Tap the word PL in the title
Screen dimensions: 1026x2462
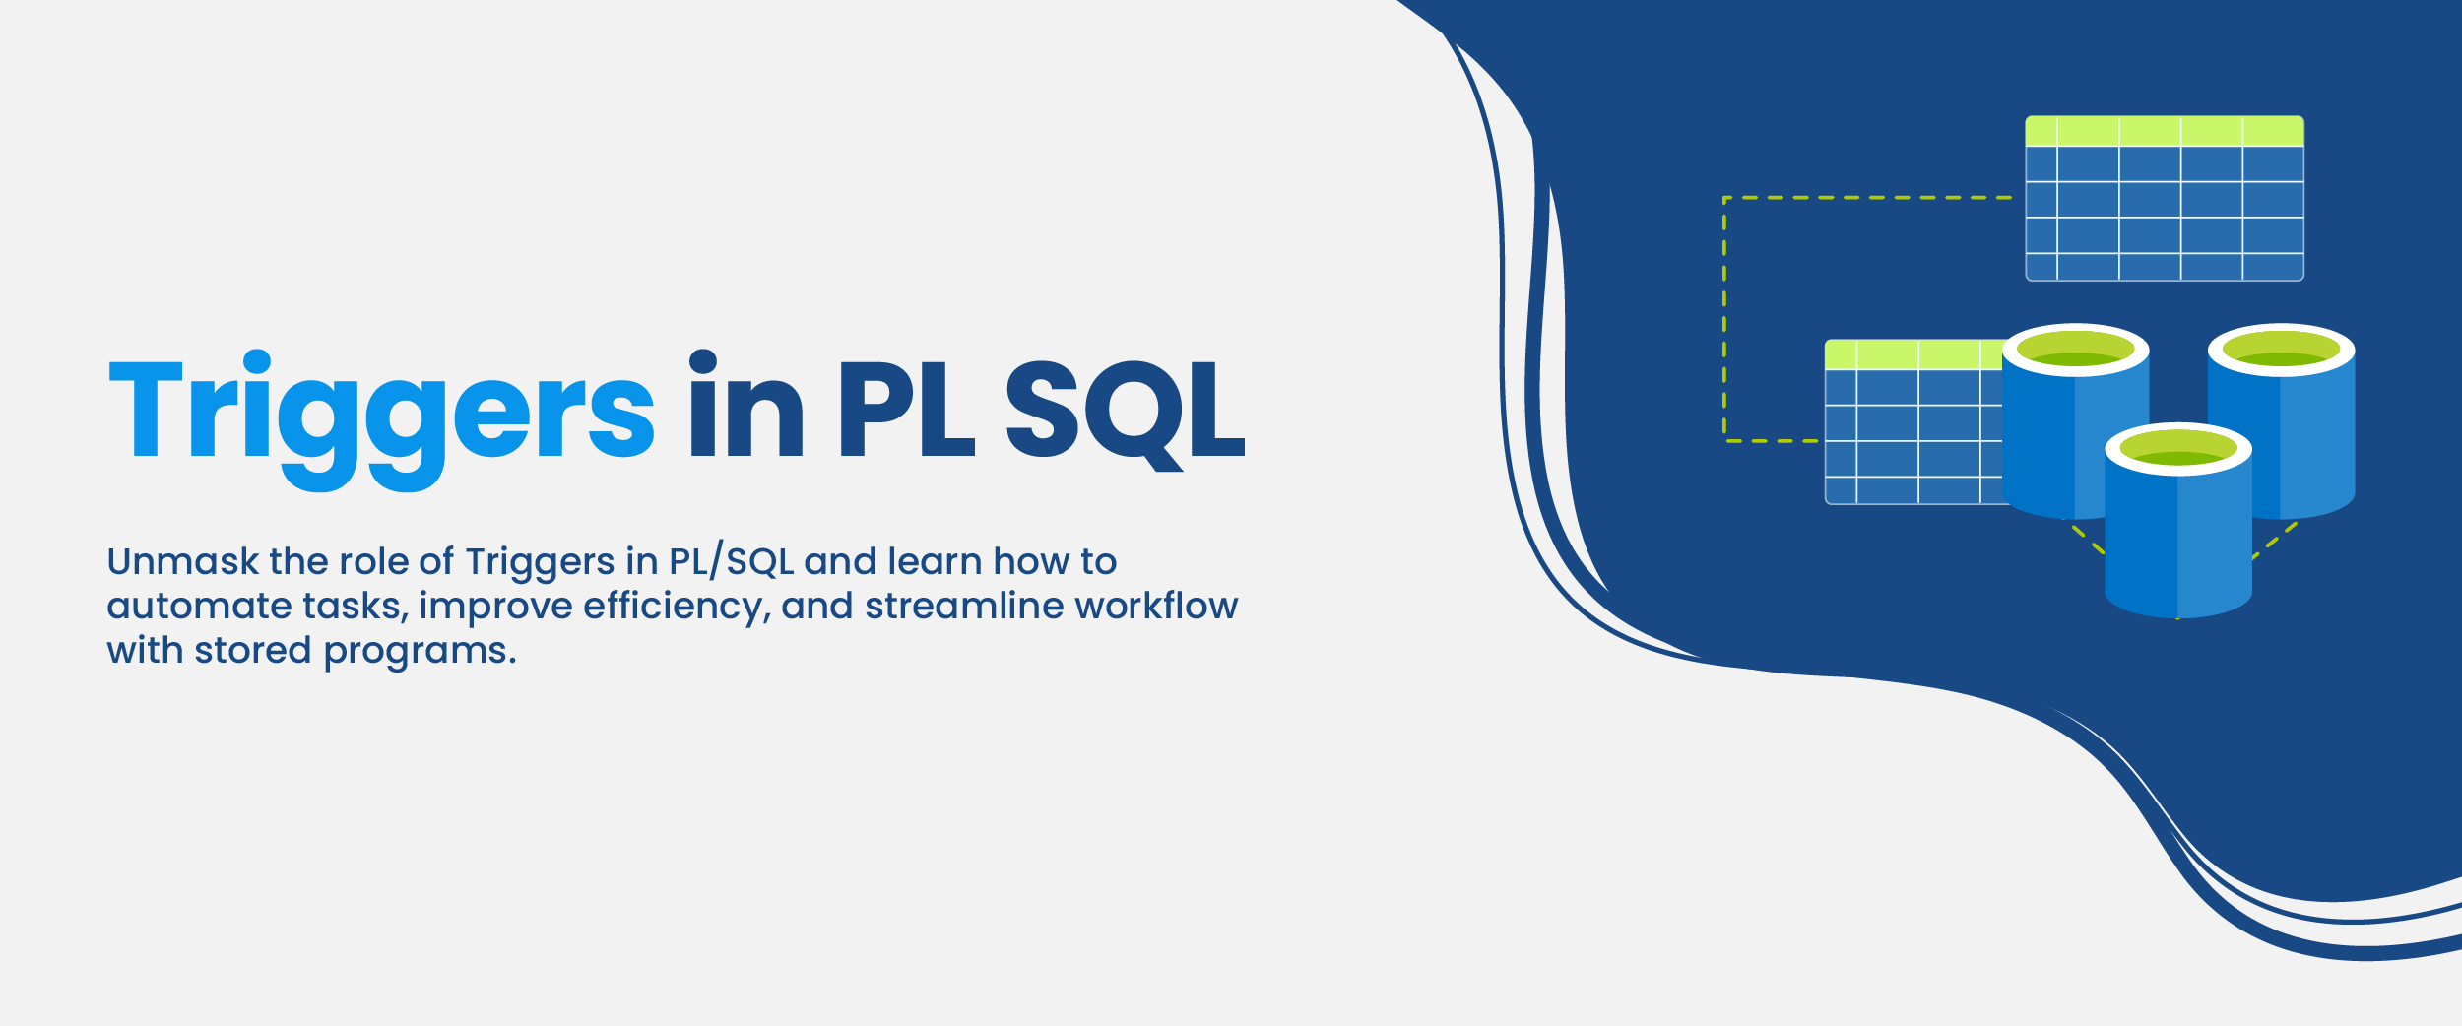coord(906,410)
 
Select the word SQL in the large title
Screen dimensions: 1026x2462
coord(1125,410)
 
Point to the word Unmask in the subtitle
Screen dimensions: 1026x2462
coord(182,561)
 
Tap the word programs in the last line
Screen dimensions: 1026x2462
coord(419,652)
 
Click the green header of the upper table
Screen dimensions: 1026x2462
coord(2164,131)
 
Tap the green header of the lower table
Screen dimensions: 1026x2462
coord(1912,354)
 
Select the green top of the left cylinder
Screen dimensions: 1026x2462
coord(2076,350)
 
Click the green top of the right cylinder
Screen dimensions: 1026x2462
coord(2281,350)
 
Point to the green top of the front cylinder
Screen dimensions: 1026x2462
coord(2178,449)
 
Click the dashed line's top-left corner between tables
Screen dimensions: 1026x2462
coord(1724,198)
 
